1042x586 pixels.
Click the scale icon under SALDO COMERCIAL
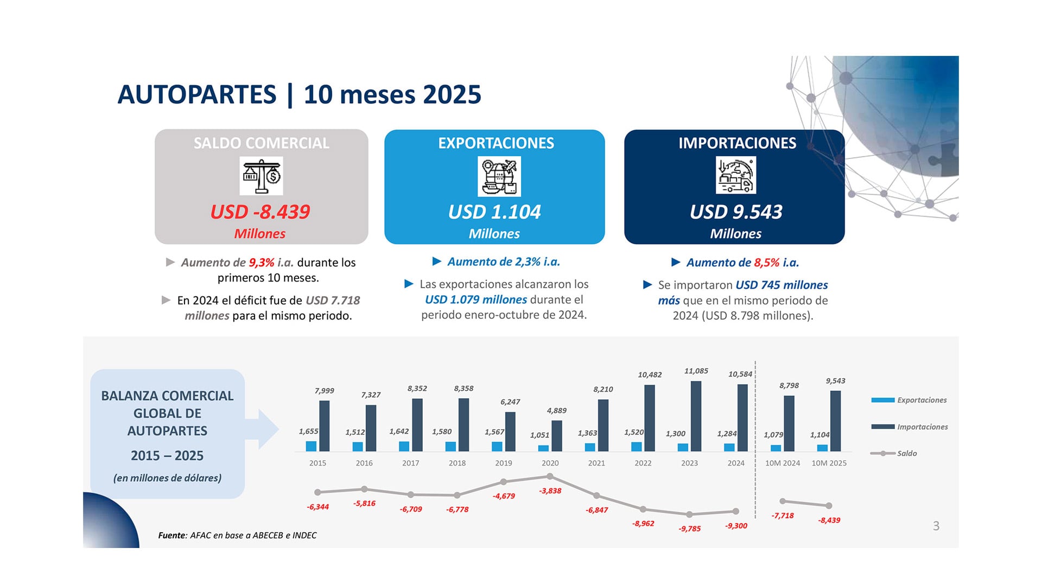point(261,176)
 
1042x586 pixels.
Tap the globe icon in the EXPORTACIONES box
point(499,176)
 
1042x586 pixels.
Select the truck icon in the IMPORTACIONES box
point(736,175)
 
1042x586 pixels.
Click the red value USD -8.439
point(260,212)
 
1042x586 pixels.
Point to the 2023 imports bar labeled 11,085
point(696,416)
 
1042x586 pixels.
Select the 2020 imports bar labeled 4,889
point(556,436)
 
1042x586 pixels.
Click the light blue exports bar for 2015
point(311,446)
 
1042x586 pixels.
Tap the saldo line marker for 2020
point(550,476)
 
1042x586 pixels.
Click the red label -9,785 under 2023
point(689,528)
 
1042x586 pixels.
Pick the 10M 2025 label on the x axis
point(829,463)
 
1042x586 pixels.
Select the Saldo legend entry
point(906,453)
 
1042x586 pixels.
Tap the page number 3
point(936,526)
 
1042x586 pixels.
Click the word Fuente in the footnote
point(171,535)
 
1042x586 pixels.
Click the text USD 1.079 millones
point(475,300)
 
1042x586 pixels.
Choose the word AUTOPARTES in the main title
point(197,94)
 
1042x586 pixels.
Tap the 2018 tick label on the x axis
point(457,463)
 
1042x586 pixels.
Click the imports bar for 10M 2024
point(789,423)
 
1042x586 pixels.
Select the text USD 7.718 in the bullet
point(332,300)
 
